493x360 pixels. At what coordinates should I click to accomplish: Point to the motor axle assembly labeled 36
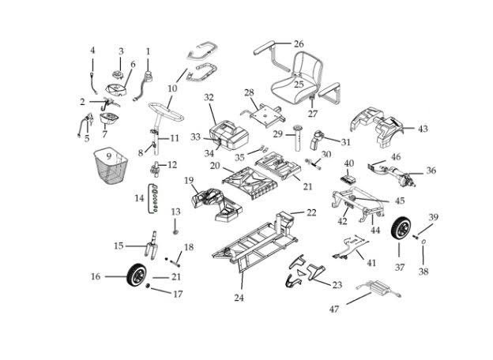[395, 171]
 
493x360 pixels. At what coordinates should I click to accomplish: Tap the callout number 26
[298, 43]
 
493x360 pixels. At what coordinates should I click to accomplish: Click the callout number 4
[92, 51]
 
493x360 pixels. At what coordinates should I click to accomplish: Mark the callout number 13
[175, 212]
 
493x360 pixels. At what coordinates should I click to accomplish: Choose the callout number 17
[178, 294]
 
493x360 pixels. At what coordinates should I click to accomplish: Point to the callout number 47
[333, 309]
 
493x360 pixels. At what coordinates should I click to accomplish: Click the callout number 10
[172, 88]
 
